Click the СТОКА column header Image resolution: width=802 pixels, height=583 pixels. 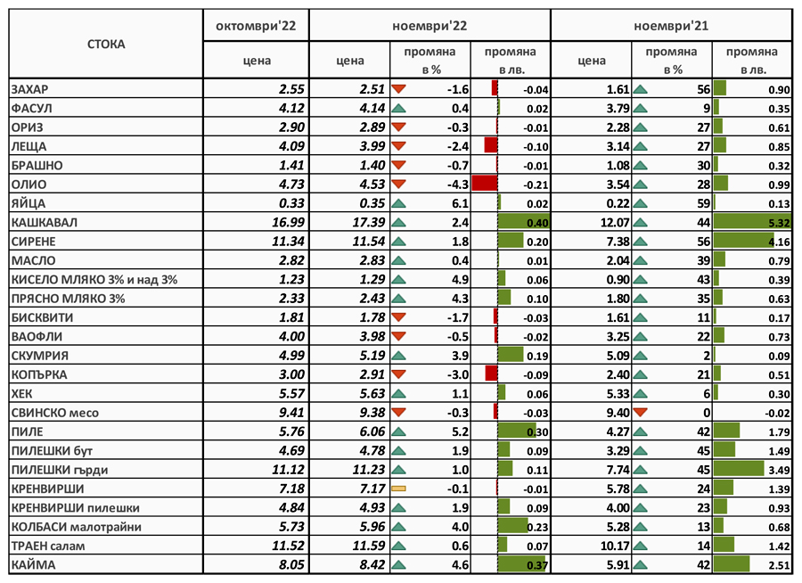(x=106, y=44)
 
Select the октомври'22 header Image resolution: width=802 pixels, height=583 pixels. (x=256, y=26)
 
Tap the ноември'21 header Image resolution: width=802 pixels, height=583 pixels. (x=671, y=26)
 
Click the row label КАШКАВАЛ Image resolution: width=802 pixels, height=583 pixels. (x=45, y=223)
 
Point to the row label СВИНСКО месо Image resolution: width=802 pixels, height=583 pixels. (x=54, y=413)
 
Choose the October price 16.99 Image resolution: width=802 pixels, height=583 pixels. (x=288, y=222)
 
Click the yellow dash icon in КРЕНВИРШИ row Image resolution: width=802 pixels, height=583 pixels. (x=398, y=489)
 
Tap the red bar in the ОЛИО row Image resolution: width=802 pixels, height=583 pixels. (x=485, y=184)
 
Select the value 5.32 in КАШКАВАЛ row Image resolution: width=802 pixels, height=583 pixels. (x=779, y=223)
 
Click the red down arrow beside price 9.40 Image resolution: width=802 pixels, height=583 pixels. (x=641, y=412)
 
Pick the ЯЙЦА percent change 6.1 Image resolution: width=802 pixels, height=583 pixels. (x=461, y=204)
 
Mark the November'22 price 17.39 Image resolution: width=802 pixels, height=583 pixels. (x=368, y=222)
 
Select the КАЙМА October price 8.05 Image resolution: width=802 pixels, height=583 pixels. (x=291, y=564)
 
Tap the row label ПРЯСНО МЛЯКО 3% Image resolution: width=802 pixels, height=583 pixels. (x=68, y=299)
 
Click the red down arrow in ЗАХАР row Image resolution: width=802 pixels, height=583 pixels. (x=398, y=89)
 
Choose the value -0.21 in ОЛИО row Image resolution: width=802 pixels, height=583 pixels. (x=536, y=185)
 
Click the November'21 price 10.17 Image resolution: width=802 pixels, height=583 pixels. (x=615, y=546)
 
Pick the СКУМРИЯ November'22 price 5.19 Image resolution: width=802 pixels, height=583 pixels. (x=372, y=355)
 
